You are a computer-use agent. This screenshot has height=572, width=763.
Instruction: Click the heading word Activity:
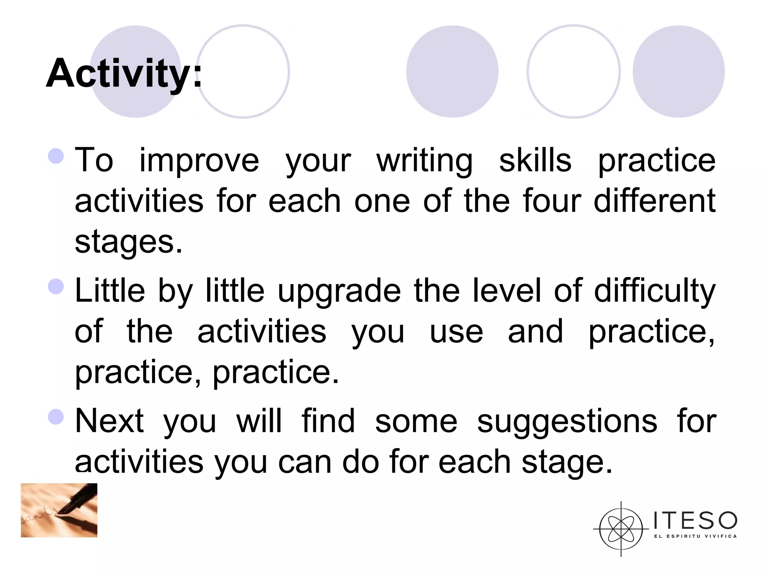tap(124, 73)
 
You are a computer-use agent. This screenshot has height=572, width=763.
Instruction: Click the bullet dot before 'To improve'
tap(56, 156)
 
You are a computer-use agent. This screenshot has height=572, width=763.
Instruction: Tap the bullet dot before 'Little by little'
tap(56, 286)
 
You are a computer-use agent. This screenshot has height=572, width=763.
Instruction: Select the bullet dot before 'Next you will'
tap(56, 417)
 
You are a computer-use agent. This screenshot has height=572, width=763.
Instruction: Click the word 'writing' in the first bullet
tap(425, 161)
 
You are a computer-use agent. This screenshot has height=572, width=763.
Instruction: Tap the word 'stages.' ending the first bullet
tap(129, 242)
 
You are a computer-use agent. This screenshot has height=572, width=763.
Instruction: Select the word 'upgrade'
tap(339, 291)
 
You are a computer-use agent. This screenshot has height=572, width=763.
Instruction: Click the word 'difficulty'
tap(655, 291)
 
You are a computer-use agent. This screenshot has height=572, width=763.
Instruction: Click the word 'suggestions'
tap(567, 422)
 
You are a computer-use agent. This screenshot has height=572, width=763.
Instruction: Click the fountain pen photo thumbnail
tap(59, 510)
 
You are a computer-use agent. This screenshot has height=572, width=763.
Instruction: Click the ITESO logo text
tap(695, 520)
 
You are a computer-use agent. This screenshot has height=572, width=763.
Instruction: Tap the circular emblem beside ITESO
tap(621, 529)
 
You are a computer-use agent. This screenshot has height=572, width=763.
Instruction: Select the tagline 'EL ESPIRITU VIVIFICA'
tap(695, 536)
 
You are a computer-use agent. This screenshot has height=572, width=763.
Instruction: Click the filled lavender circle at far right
tap(678, 71)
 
